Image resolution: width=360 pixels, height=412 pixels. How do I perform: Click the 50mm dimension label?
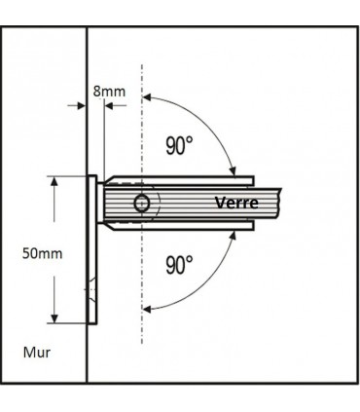(42, 252)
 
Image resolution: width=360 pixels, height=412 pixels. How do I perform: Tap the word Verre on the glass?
(236, 203)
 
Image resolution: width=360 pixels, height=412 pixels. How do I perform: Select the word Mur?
(36, 351)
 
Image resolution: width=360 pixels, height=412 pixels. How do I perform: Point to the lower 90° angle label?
(178, 264)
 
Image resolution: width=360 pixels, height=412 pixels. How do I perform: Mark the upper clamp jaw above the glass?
(180, 180)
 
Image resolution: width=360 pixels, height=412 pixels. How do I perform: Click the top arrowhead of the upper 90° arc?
(149, 96)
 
